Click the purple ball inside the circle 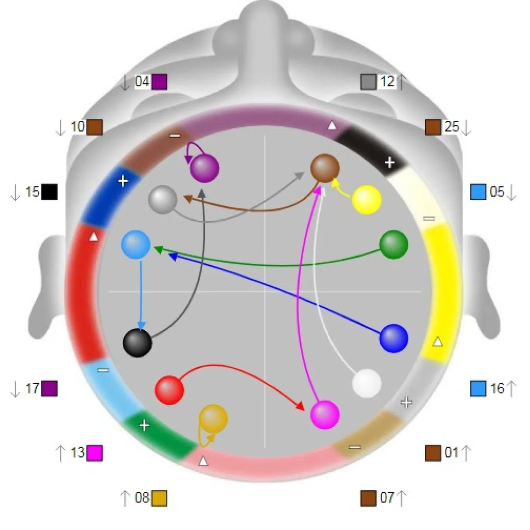click(x=205, y=168)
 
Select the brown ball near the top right click(x=325, y=167)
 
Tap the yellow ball click(x=367, y=199)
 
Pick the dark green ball click(x=394, y=243)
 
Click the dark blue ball click(x=394, y=338)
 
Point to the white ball click(x=367, y=383)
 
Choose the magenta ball click(x=325, y=415)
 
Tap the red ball click(x=169, y=390)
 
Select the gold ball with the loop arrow click(x=213, y=419)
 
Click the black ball click(x=137, y=343)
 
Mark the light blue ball click(x=136, y=245)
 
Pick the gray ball click(x=162, y=199)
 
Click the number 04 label click(x=142, y=81)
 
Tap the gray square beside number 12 click(x=368, y=82)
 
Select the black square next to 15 click(x=50, y=192)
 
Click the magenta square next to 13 click(x=95, y=452)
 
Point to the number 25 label click(x=451, y=127)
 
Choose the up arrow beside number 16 click(x=511, y=389)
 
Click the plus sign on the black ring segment click(x=389, y=163)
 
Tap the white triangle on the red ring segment click(x=94, y=238)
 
